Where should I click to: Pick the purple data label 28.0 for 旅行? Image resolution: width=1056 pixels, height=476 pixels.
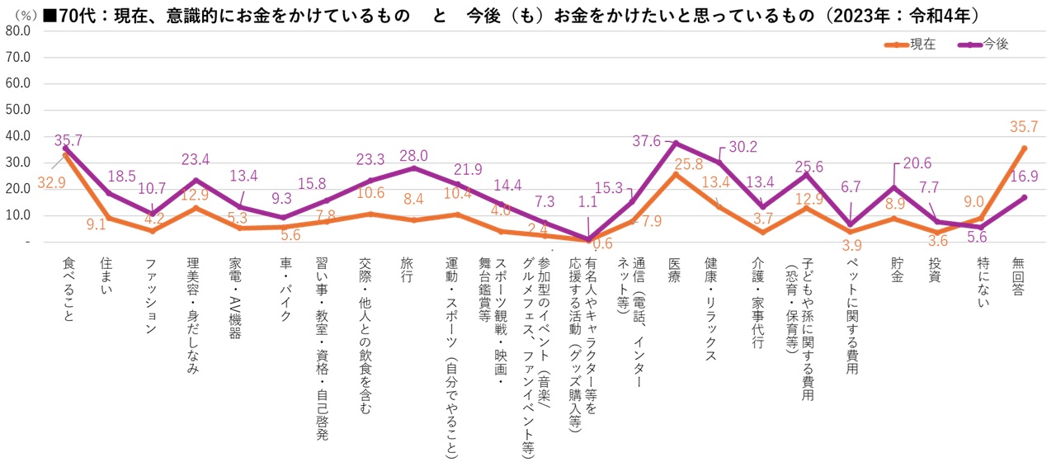click(x=413, y=156)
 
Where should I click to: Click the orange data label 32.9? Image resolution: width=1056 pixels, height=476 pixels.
click(x=51, y=182)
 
